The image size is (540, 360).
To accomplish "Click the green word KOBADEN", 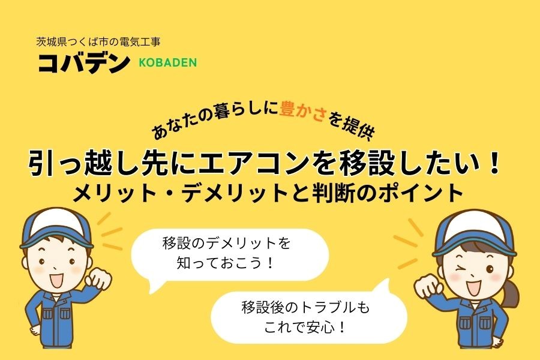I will click(x=167, y=62).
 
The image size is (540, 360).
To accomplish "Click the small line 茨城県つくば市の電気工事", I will click(x=99, y=42).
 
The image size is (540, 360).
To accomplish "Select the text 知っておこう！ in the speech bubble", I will click(x=226, y=263).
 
